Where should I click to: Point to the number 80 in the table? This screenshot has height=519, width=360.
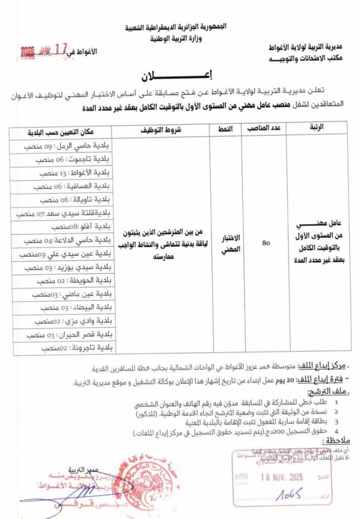[x=265, y=242]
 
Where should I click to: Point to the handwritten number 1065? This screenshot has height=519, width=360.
[x=289, y=493]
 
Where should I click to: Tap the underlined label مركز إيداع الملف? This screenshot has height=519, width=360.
[x=328, y=365]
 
